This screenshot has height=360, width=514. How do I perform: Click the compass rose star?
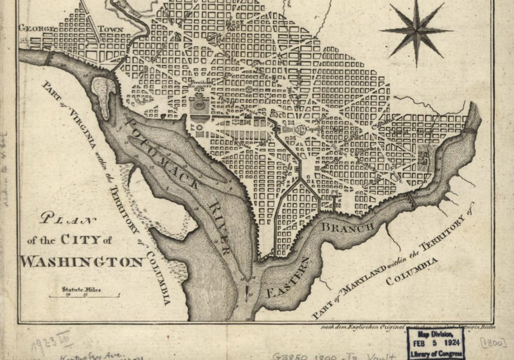416,30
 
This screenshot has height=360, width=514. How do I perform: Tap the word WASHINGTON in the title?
82,262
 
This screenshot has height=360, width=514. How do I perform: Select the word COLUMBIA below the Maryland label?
414,271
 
